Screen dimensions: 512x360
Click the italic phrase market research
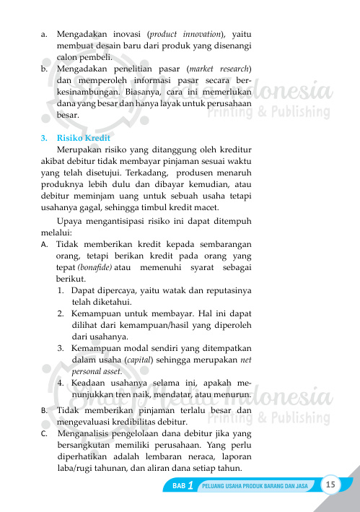coord(220,69)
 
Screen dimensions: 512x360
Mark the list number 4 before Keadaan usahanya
coord(61,383)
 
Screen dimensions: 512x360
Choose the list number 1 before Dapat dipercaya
coord(61,291)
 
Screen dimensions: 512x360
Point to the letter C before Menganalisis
coord(45,434)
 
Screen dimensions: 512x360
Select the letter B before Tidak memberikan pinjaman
coord(45,410)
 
